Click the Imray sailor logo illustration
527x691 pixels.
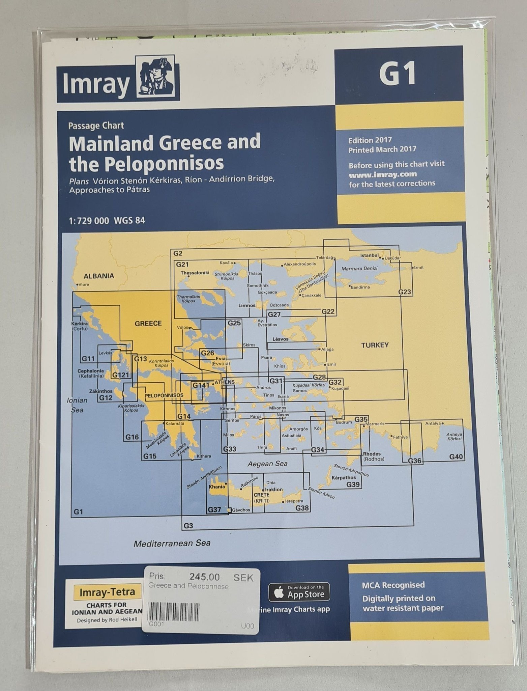tap(157, 78)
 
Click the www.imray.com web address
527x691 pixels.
tap(383, 175)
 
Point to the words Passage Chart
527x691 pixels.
tap(96, 126)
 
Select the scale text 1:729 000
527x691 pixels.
tap(89, 221)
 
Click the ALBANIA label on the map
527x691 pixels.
tap(99, 276)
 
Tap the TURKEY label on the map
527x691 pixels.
tap(375, 345)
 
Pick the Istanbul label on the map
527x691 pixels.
tap(370, 255)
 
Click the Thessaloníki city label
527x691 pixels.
tap(195, 273)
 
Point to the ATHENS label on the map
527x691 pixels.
tap(224, 382)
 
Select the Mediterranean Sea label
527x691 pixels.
tap(172, 543)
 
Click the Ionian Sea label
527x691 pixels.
tap(77, 405)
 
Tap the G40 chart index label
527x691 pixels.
tap(456, 457)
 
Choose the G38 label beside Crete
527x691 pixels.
tap(302, 507)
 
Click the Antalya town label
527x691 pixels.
tap(433, 423)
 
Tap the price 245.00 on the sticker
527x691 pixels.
tap(204, 577)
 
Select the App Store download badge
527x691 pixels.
tap(299, 592)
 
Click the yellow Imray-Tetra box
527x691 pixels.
tap(107, 591)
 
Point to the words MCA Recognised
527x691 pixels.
tap(393, 585)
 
